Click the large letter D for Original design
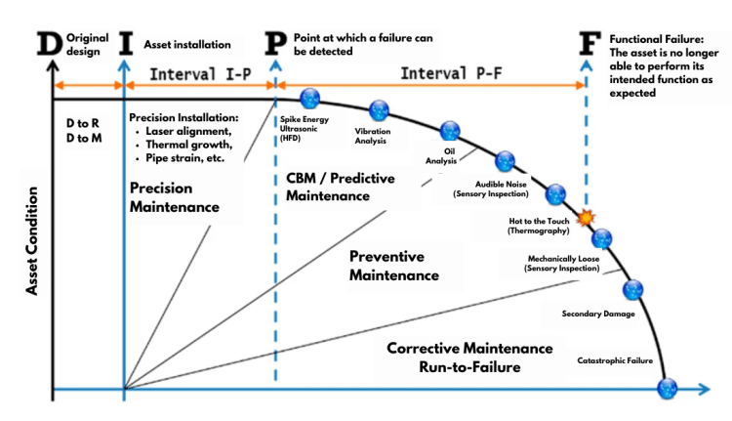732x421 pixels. (49, 45)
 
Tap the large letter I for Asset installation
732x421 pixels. (125, 45)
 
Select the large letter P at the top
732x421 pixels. (276, 45)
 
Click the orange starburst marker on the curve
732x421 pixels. (586, 218)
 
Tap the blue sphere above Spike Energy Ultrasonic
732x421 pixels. (310, 99)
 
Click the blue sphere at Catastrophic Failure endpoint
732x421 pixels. (667, 388)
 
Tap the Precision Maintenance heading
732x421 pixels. (174, 196)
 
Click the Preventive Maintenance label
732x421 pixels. (393, 265)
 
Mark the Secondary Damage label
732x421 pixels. (598, 314)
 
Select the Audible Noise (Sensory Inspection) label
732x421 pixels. (493, 189)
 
